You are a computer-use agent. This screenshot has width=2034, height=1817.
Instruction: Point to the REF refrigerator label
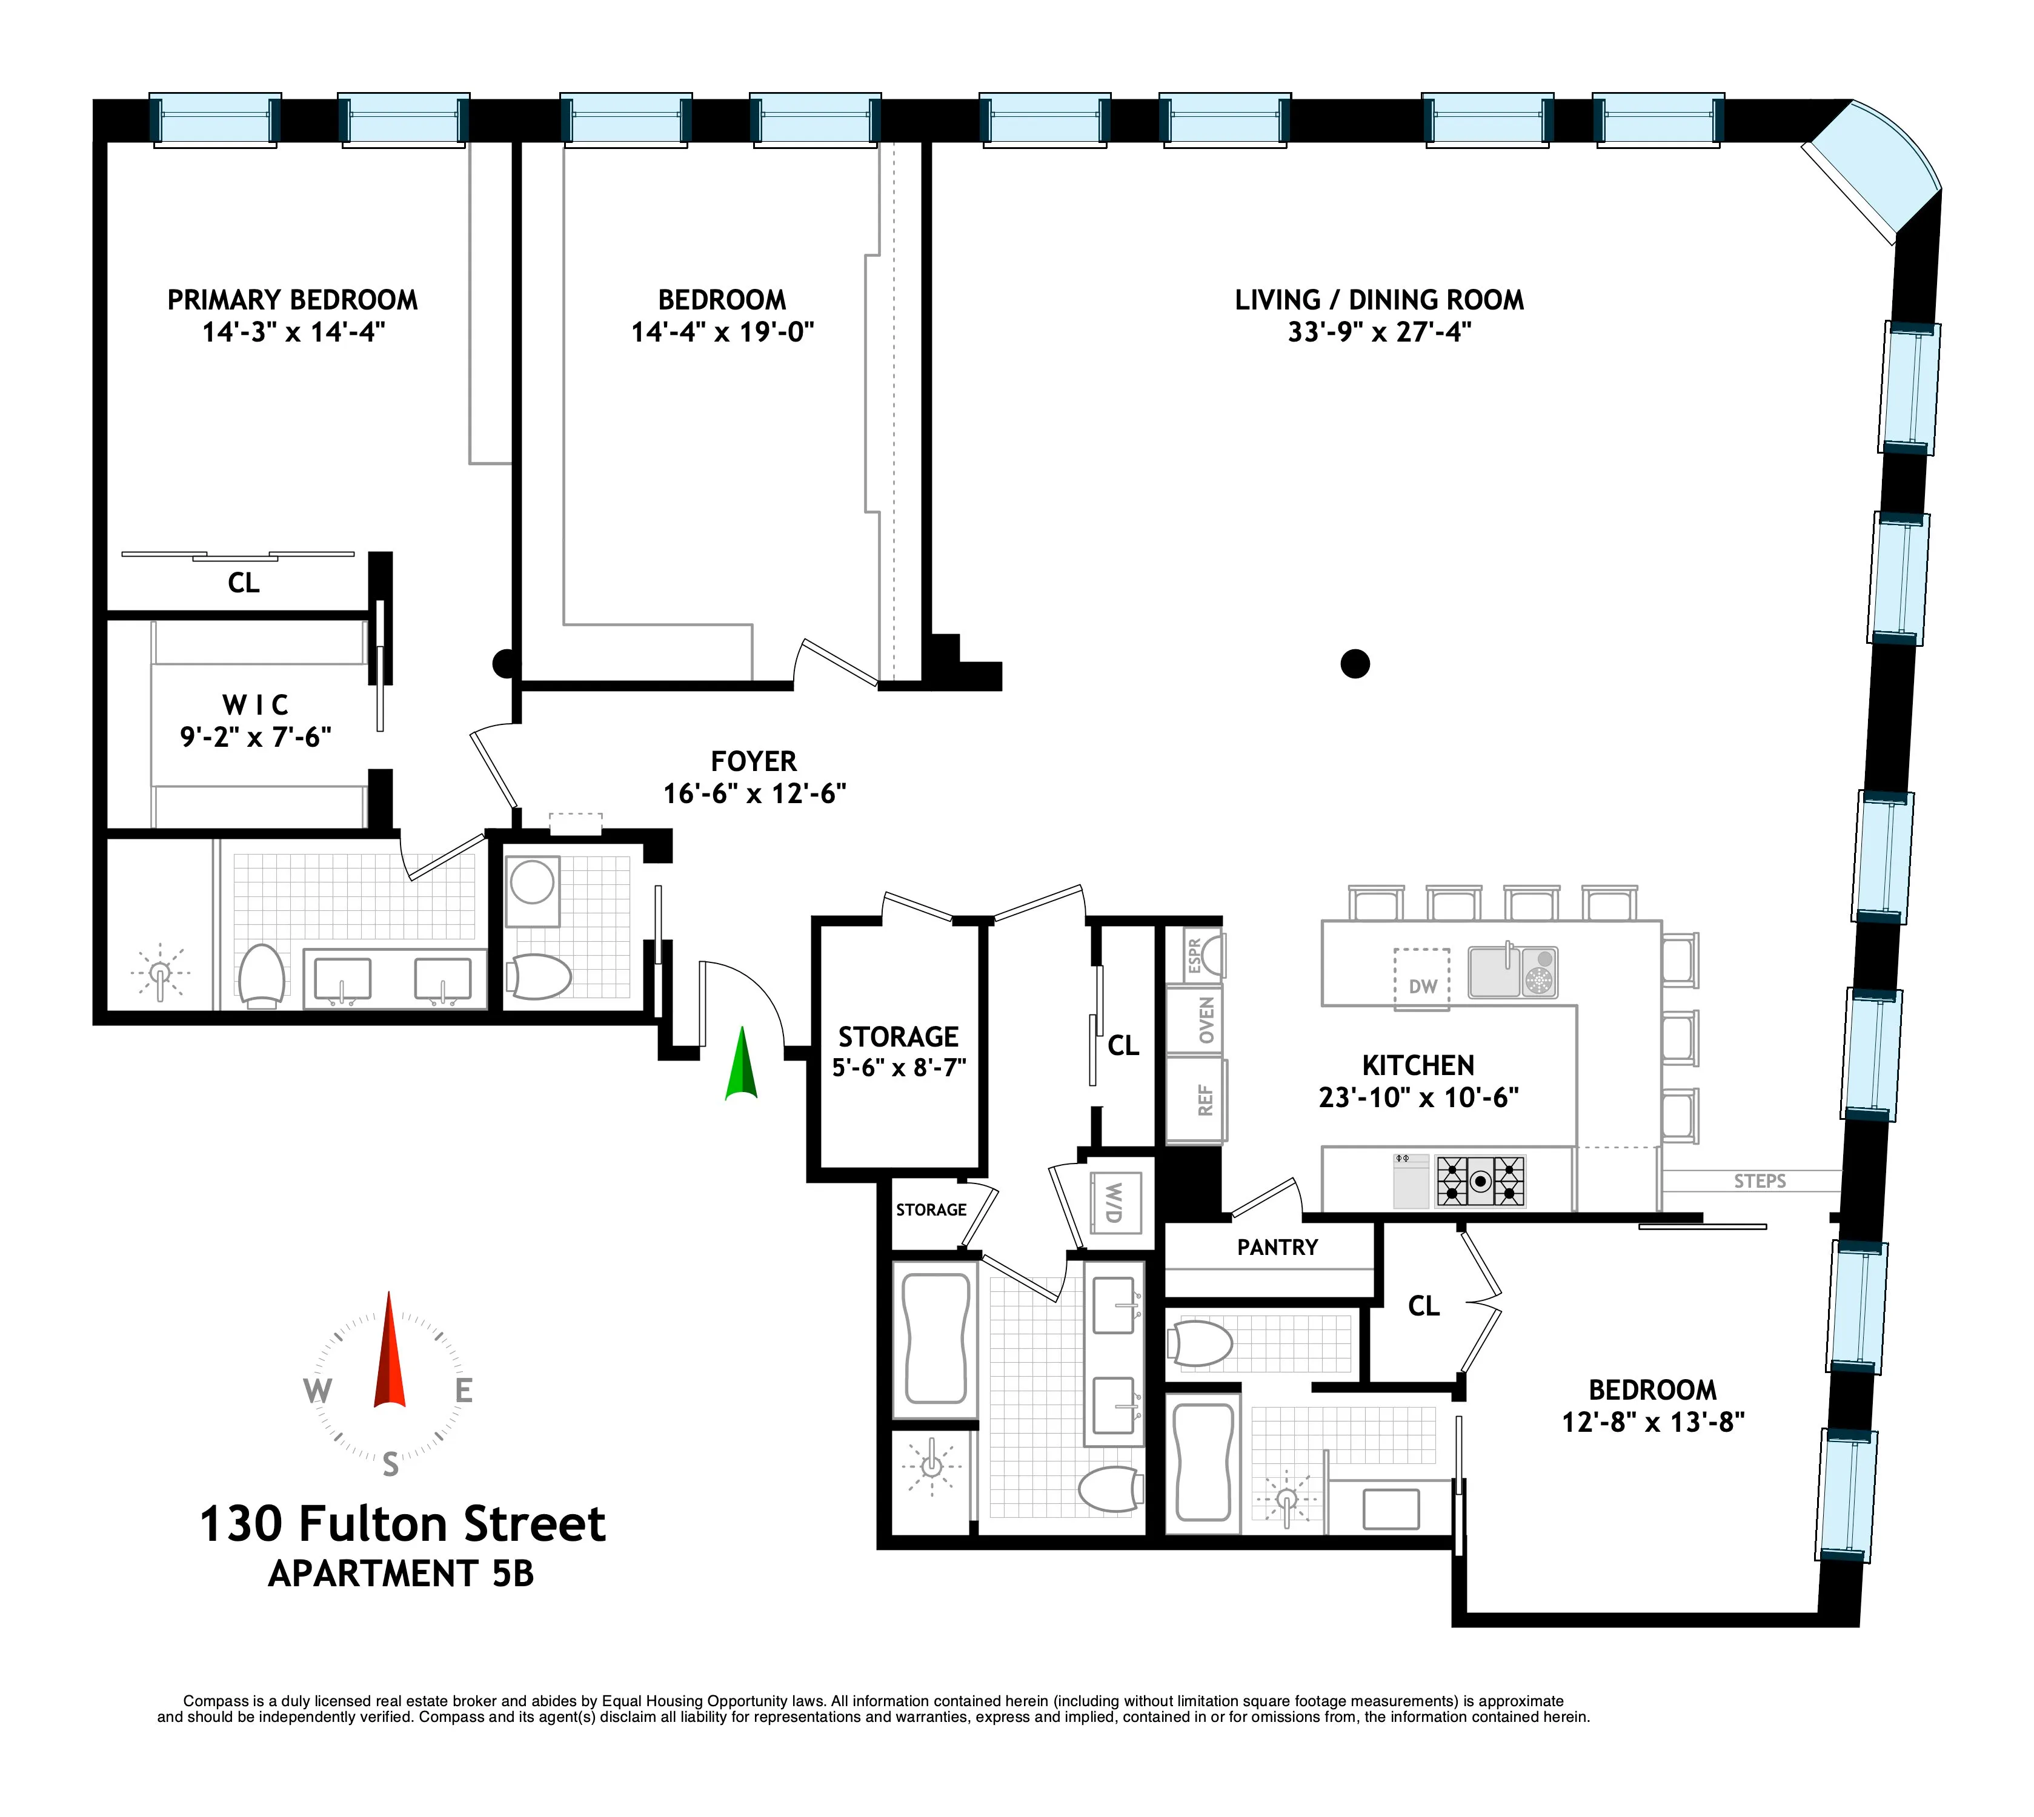coord(1205,1100)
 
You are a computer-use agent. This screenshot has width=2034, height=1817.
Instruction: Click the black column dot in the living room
coord(1355,663)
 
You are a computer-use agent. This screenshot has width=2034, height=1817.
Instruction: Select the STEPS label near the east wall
coord(1760,1181)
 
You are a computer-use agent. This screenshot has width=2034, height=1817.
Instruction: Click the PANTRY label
coord(1277,1247)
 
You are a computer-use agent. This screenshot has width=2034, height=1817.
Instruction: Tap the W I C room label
coord(256,705)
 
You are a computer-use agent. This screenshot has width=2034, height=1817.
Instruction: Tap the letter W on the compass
coord(317,1390)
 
